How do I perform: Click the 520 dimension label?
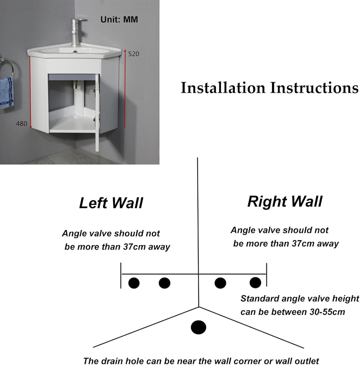tap(134, 54)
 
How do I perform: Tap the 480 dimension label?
tap(21, 124)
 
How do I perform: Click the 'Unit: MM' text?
tap(119, 19)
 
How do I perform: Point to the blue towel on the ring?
tap(6, 93)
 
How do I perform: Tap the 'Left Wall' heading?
tap(111, 203)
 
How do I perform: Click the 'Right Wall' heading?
tap(285, 201)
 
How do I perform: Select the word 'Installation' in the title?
tap(223, 88)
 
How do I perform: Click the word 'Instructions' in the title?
tap(314, 88)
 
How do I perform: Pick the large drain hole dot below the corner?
tap(199, 327)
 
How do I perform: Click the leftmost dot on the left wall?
tap(134, 283)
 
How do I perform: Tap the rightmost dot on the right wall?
tap(255, 282)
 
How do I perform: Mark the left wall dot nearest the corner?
tap(165, 283)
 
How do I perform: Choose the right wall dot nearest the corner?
tap(220, 283)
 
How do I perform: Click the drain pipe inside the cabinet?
tap(76, 85)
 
